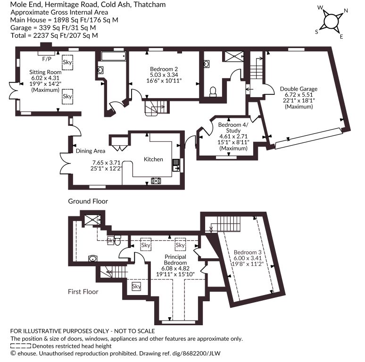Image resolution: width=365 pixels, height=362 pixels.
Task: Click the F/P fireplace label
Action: tap(47, 59)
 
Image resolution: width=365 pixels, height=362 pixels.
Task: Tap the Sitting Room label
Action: tap(45, 72)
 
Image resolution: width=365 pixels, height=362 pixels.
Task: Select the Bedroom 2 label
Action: tap(164, 69)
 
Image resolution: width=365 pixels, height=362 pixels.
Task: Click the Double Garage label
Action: tap(299, 89)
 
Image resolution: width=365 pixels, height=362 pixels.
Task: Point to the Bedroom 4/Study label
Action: tap(233, 127)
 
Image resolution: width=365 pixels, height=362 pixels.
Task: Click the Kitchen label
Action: tap(153, 159)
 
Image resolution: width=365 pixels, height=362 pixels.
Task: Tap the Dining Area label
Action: tap(91, 151)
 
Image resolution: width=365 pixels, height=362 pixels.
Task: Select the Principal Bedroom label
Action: tap(175, 260)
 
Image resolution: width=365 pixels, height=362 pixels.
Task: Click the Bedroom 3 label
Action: tap(248, 252)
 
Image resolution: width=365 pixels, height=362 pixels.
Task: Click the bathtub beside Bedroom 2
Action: tap(114, 56)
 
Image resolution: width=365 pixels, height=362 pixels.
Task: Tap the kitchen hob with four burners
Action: tap(156, 181)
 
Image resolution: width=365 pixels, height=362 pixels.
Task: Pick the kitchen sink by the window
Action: tap(176, 165)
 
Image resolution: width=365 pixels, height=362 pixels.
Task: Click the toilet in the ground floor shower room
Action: tap(213, 92)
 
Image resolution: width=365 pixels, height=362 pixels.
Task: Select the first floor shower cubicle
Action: tap(92, 220)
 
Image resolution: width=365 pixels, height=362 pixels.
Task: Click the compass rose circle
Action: tap(331, 22)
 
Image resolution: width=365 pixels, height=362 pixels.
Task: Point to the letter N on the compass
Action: tap(346, 11)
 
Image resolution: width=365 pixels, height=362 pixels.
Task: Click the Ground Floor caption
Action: tap(88, 201)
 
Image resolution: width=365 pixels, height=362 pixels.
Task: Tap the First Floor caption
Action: tap(83, 292)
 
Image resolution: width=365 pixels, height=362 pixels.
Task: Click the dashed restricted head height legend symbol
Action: tap(21, 346)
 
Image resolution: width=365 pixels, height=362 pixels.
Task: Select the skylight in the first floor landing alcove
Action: tap(136, 286)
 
